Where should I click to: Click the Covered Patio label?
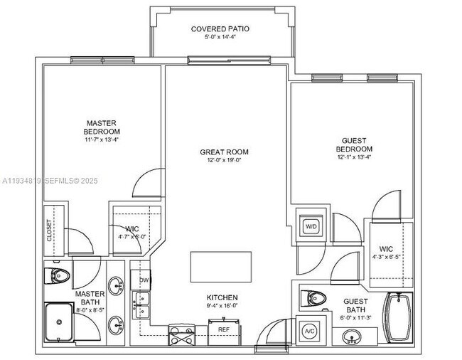pyautogui.click(x=220, y=29)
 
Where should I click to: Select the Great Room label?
pyautogui.click(x=224, y=152)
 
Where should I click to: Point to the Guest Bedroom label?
pyautogui.click(x=354, y=144)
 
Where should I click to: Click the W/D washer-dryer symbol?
pyautogui.click(x=311, y=226)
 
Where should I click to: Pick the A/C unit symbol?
pyautogui.click(x=310, y=332)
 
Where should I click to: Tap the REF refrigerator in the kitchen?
pyautogui.click(x=224, y=329)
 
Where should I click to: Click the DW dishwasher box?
pyautogui.click(x=144, y=280)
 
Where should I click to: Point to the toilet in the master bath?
pyautogui.click(x=60, y=275)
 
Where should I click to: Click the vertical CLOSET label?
pyautogui.click(x=50, y=231)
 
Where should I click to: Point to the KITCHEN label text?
pyautogui.click(x=222, y=297)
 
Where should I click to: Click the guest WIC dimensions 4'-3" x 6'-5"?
pyautogui.click(x=386, y=256)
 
